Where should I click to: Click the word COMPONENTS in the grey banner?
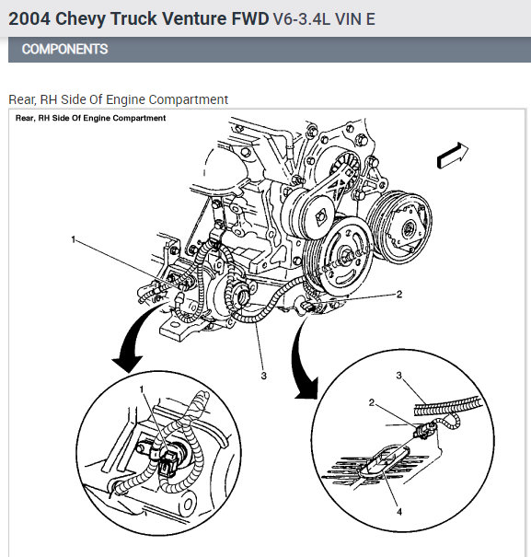pos(64,49)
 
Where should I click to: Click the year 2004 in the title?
pos(29,18)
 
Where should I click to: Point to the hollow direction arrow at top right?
pos(453,156)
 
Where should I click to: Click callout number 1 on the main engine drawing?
pos(74,239)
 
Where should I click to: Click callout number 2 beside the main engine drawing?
pos(399,294)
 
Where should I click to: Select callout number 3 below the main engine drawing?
pos(263,376)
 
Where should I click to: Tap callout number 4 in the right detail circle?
pos(399,512)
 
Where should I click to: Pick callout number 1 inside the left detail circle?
pos(142,389)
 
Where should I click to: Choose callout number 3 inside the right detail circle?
pos(398,375)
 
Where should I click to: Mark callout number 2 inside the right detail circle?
pos(372,402)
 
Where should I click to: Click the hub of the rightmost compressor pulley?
pos(409,228)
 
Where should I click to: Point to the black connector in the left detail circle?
pos(167,463)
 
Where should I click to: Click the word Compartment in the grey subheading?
pos(189,99)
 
